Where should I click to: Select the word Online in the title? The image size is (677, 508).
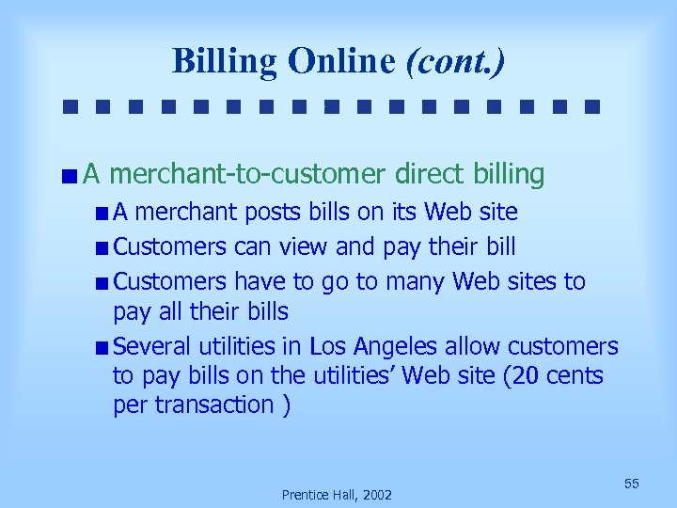click(x=342, y=61)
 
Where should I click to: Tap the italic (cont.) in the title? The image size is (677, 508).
click(x=455, y=61)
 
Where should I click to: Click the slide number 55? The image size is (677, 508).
click(x=632, y=484)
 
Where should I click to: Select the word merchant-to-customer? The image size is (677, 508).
click(x=253, y=174)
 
